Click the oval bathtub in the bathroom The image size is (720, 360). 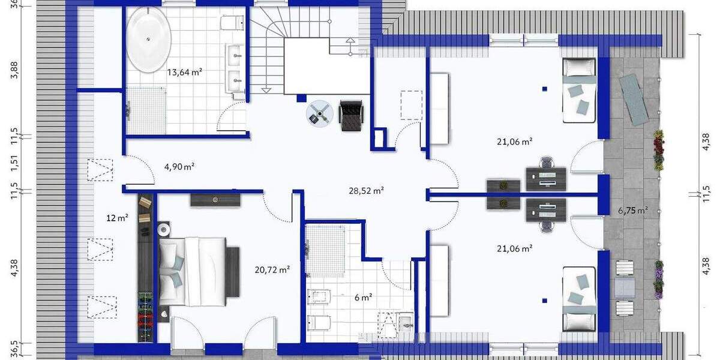149,40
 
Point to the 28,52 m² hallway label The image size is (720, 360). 366,191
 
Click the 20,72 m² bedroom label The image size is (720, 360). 272,270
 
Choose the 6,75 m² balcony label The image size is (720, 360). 632,210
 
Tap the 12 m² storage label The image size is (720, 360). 118,218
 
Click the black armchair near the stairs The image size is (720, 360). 351,114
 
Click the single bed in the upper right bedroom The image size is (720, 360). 578,90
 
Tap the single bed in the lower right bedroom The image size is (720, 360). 578,299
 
